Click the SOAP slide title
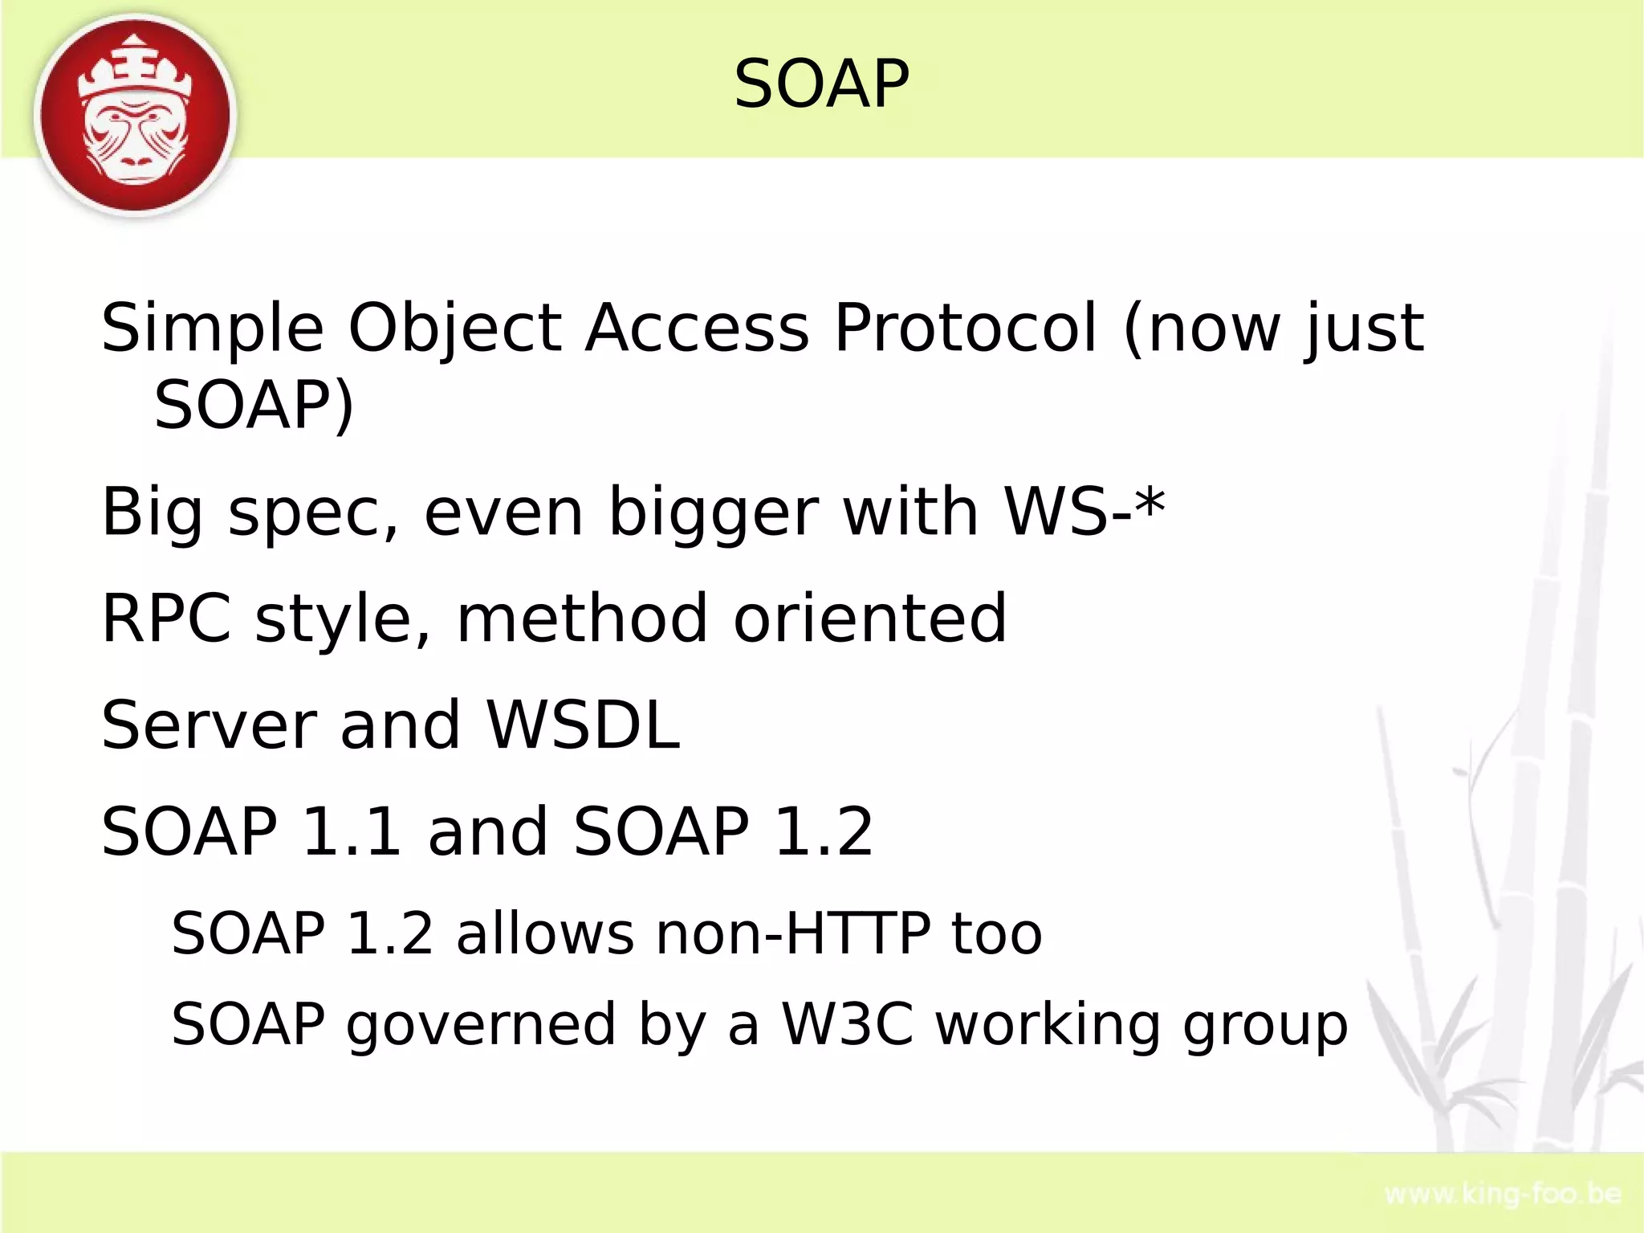click(x=821, y=84)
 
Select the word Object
click(x=454, y=329)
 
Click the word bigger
click(x=713, y=514)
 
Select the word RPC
click(x=166, y=618)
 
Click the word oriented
click(x=869, y=618)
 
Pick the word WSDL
click(x=583, y=725)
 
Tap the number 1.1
click(x=351, y=831)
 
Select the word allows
click(x=545, y=933)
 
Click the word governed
click(x=480, y=1026)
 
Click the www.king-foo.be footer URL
click(x=1503, y=1194)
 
